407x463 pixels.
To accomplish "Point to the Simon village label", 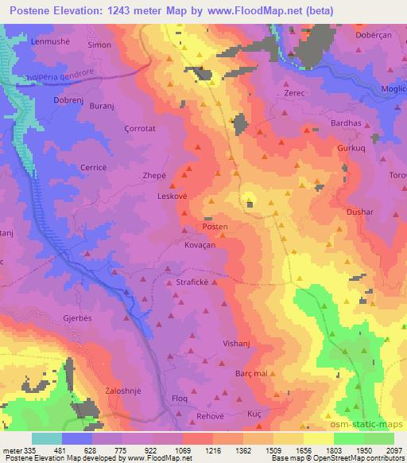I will (99, 45).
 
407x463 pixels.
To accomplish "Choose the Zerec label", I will (295, 94).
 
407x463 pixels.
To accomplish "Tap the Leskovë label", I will (172, 196).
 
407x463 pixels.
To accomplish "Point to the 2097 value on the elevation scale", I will (393, 450).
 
